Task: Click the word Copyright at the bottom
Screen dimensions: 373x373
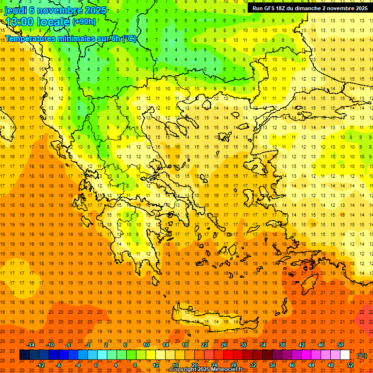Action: tap(183, 370)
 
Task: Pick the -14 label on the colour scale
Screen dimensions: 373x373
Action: tap(32, 345)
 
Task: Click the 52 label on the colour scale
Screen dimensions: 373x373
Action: tap(350, 365)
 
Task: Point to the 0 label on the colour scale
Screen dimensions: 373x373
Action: tap(96, 365)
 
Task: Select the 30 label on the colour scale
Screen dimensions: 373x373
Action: tap(243, 345)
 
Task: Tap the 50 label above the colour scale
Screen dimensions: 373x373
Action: tap(340, 345)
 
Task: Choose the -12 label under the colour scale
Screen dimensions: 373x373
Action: tap(41, 365)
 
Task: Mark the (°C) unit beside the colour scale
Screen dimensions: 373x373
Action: tap(362, 356)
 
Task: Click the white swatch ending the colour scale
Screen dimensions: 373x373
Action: tap(345, 355)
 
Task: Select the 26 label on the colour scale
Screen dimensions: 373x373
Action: tap(223, 345)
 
